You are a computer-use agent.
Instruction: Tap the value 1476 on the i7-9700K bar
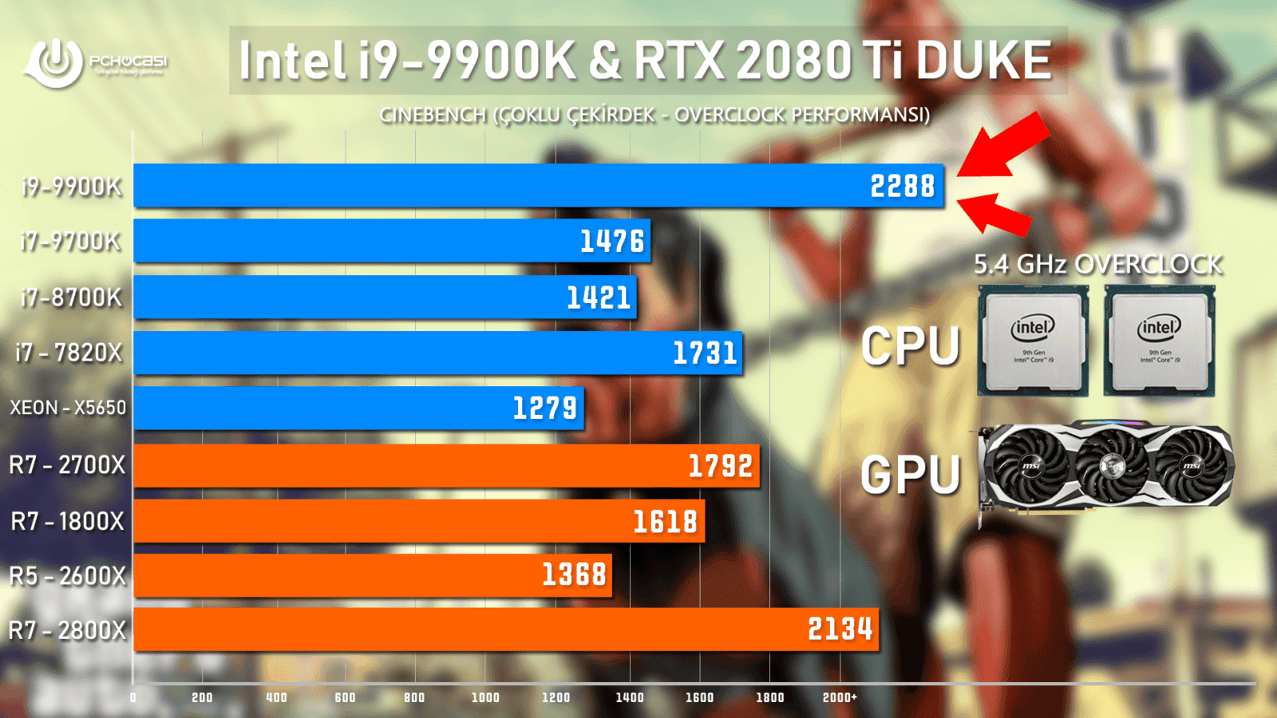[611, 241]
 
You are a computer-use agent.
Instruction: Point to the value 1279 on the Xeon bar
[544, 408]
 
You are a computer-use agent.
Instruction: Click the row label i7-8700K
[71, 298]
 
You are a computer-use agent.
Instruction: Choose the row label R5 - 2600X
[68, 575]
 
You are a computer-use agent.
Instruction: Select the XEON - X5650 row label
[68, 408]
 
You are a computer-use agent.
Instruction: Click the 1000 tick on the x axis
[485, 697]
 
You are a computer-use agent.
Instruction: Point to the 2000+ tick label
[840, 697]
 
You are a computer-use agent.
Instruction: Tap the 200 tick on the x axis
[202, 697]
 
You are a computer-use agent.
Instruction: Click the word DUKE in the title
[983, 61]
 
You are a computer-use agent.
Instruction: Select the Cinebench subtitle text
[654, 115]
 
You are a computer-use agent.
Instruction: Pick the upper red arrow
[1006, 144]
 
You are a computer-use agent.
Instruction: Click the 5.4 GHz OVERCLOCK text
[1098, 264]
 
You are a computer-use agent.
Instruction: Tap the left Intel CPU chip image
[1034, 341]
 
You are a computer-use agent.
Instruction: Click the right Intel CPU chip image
[1160, 341]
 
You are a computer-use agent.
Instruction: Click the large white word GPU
[911, 475]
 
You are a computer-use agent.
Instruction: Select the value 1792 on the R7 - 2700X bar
[721, 465]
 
